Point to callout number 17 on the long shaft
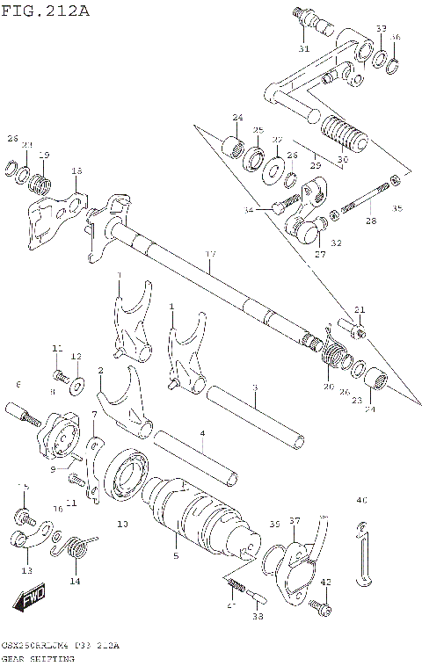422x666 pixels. [x=209, y=254]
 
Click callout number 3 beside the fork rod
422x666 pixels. [x=254, y=387]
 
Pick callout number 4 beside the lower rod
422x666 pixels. [x=202, y=432]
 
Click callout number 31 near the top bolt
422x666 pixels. [x=303, y=48]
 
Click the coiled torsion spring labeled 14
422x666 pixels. [x=76, y=549]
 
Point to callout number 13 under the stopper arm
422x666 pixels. [x=26, y=570]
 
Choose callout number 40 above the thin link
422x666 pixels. [x=360, y=501]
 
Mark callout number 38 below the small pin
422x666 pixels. [x=257, y=617]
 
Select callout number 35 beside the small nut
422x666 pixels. [x=396, y=208]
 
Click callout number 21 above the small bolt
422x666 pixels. [x=359, y=308]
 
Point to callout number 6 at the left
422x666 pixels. [x=17, y=384]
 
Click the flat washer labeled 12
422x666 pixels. [x=77, y=381]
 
